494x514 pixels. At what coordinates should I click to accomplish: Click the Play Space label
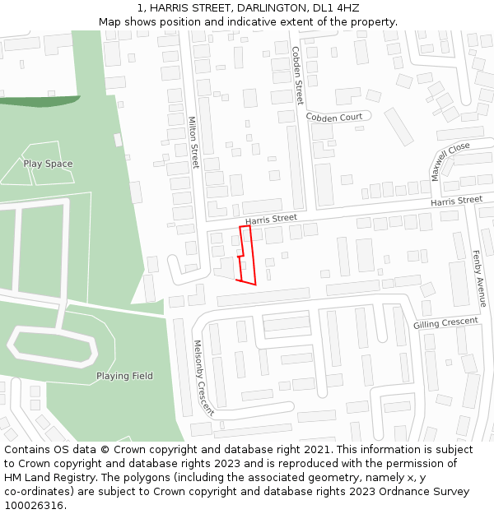click(x=48, y=164)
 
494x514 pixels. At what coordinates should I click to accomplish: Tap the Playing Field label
click(x=124, y=376)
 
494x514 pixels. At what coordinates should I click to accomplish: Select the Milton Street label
click(x=194, y=142)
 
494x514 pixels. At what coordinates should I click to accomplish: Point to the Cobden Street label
click(x=298, y=76)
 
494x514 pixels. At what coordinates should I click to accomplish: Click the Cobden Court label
click(x=334, y=118)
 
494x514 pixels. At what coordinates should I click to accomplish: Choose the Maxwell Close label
click(x=450, y=160)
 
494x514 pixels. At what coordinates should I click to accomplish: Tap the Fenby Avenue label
click(x=479, y=279)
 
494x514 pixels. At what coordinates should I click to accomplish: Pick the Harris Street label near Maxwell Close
click(x=456, y=201)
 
